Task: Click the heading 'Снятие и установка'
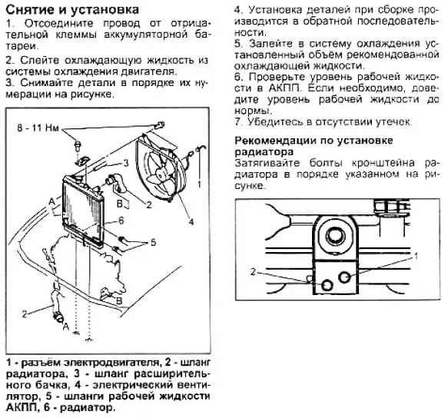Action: tap(73, 10)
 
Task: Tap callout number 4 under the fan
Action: tap(190, 224)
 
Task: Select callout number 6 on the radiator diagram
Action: tap(121, 221)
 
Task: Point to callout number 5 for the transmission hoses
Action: tap(153, 243)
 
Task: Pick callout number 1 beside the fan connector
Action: tap(199, 184)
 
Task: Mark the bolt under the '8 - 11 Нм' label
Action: tap(78, 144)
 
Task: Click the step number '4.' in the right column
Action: tap(238, 11)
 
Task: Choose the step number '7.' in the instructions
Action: tap(237, 121)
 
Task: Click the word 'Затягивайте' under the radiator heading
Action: tap(267, 163)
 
